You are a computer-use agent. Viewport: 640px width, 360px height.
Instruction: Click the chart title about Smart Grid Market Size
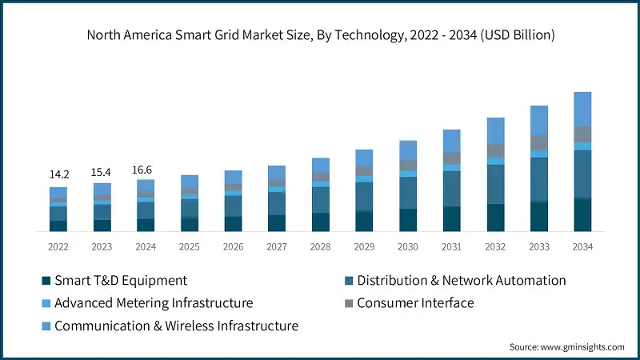320,35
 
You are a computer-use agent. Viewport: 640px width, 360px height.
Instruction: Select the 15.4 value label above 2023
102,171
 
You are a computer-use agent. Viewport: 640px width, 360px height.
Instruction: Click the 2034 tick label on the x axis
582,246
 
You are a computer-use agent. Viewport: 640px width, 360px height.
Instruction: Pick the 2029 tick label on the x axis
364,246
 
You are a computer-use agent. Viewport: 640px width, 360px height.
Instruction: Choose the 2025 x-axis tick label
189,246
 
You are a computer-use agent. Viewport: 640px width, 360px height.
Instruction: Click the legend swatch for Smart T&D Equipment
46,281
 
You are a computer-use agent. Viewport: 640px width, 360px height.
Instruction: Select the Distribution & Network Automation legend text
461,281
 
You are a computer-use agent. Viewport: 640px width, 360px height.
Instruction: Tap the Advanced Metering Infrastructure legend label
154,303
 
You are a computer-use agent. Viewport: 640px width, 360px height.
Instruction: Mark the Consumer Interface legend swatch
349,303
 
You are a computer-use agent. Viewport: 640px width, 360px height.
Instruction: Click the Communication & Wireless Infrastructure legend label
176,326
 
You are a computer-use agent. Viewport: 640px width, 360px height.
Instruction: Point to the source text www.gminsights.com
566,346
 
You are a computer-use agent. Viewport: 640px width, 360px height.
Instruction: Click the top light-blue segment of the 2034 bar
582,109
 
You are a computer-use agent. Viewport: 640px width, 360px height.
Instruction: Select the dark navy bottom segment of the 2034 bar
582,215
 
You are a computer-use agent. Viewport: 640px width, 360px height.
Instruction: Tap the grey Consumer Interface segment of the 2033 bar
539,142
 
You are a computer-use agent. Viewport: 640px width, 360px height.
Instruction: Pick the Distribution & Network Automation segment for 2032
495,184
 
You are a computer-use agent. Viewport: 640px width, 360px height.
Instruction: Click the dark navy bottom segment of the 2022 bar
58,226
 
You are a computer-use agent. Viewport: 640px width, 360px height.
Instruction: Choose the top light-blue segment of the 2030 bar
408,150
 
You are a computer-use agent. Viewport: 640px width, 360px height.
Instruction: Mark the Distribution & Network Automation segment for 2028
320,200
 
